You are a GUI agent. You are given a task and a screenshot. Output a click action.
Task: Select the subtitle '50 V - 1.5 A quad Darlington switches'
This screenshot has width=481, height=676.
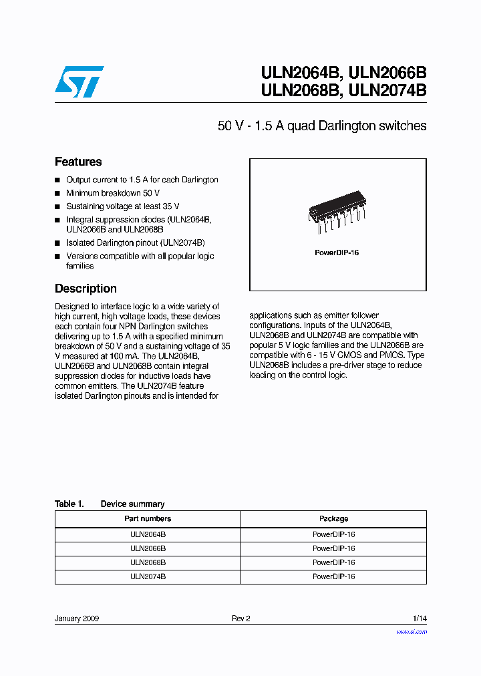tap(322, 126)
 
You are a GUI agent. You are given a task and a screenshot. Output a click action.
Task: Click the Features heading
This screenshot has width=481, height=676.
tap(78, 162)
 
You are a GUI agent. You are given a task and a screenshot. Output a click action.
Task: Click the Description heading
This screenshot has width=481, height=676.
tap(86, 289)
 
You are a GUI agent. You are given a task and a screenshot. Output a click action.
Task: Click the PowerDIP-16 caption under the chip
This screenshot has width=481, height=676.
tap(337, 253)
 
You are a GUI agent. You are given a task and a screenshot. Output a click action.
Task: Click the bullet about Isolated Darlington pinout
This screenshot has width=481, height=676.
tap(135, 243)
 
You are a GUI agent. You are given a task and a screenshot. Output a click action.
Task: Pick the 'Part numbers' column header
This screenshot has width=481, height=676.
tap(148, 518)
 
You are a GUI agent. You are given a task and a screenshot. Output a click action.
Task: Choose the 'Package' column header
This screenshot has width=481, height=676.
tap(333, 518)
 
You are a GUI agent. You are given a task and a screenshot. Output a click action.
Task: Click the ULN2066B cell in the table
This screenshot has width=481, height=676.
tap(148, 548)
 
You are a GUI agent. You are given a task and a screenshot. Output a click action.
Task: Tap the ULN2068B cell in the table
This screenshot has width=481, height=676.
tap(148, 562)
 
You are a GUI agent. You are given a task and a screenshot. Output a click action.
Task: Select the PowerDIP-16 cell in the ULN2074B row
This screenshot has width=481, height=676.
tap(333, 576)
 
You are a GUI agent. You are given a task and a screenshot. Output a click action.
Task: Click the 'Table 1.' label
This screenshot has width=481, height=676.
tap(69, 504)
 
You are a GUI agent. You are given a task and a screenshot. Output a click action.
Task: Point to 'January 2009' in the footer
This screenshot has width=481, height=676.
tap(77, 619)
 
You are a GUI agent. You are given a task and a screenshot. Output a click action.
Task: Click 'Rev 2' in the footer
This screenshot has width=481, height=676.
tap(240, 619)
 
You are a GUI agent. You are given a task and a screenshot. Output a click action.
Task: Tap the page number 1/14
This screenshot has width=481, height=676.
tap(420, 619)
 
